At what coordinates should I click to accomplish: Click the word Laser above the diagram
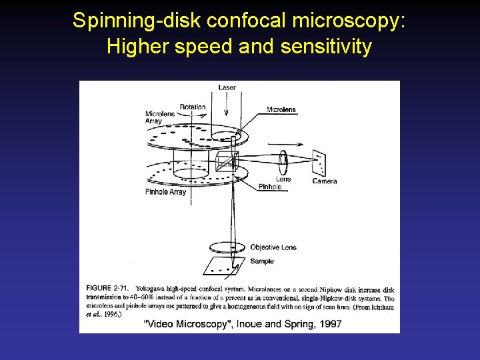227,87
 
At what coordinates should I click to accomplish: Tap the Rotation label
193,107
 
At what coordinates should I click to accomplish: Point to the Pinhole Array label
165,192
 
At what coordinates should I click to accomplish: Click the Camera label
325,181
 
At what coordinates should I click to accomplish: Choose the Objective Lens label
273,247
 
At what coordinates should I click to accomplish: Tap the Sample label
261,261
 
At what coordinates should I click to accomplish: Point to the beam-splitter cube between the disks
227,161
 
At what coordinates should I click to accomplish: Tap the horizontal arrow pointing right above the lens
281,143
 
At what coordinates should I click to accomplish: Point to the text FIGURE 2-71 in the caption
107,288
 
